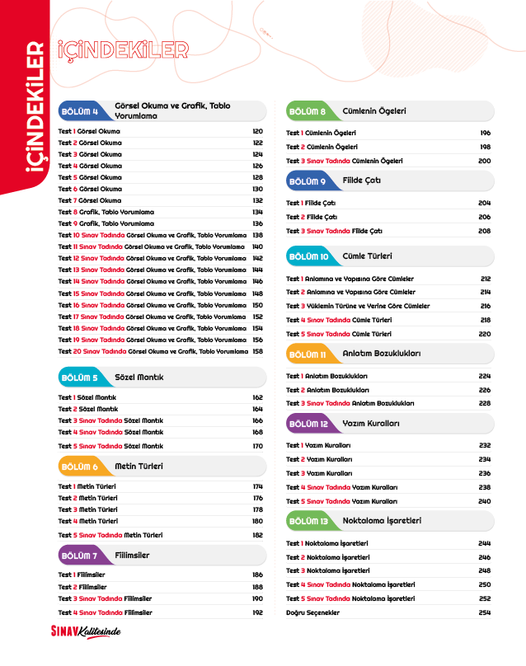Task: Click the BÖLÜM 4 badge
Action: tap(82, 111)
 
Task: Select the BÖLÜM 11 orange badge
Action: tap(309, 354)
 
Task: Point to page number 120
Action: tap(257, 131)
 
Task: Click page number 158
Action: tap(257, 351)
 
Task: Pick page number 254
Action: tap(485, 612)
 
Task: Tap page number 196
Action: tap(485, 133)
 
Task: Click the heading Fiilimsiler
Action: tap(132, 555)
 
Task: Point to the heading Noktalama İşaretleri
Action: tap(382, 521)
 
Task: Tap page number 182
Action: tap(257, 535)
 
